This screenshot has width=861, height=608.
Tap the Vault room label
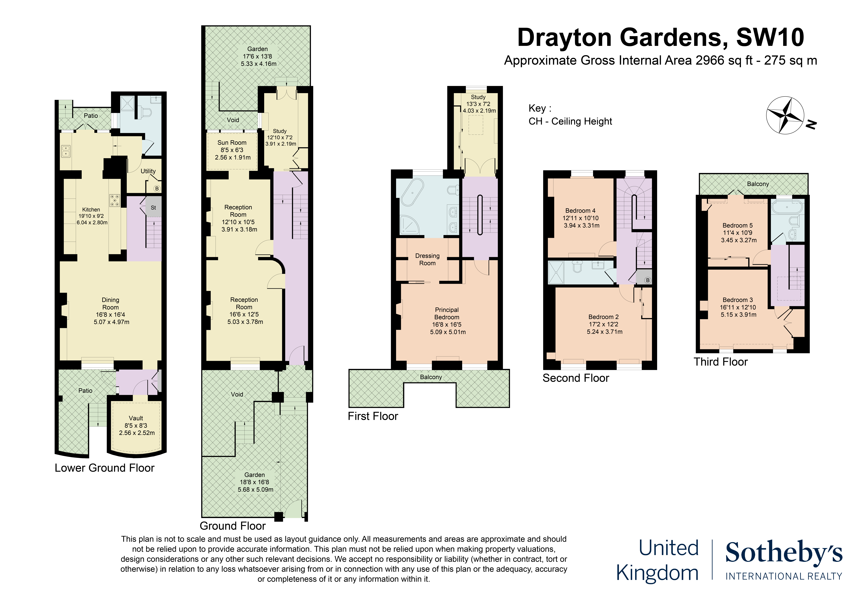(x=136, y=418)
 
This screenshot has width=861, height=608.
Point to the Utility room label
(x=148, y=171)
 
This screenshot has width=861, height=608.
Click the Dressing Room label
(x=427, y=259)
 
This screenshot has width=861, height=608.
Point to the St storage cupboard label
(x=153, y=208)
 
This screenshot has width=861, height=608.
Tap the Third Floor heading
(x=720, y=362)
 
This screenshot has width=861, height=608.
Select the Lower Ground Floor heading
(x=105, y=468)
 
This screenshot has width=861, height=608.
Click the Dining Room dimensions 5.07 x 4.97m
(x=112, y=322)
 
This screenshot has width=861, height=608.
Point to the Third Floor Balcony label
(x=758, y=184)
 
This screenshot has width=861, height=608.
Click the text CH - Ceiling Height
(x=570, y=121)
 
